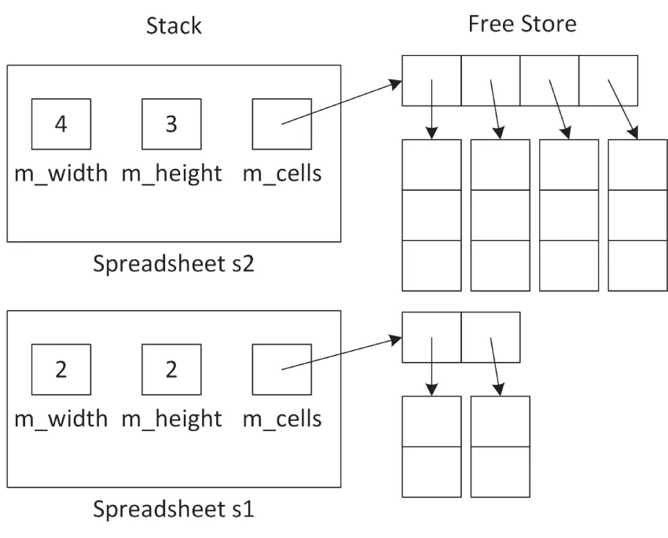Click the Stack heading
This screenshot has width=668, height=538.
[x=174, y=25]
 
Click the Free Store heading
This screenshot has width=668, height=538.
[x=522, y=24]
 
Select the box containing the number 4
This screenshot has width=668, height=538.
[x=61, y=124]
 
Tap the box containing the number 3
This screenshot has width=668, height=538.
[x=171, y=124]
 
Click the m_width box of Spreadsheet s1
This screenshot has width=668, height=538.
[x=61, y=368]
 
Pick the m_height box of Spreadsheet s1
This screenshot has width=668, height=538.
[x=171, y=368]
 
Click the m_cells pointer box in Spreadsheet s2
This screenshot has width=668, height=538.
[x=281, y=124]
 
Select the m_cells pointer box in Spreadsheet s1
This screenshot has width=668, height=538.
[x=281, y=368]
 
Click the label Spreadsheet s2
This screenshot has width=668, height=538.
[x=174, y=263]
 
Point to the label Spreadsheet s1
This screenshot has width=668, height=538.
[x=174, y=509]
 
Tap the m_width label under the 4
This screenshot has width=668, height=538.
[x=61, y=173]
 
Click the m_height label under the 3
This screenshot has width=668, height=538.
[x=171, y=173]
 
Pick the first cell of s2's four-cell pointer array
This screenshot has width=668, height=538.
[x=431, y=80]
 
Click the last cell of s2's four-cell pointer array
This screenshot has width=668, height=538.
[x=608, y=80]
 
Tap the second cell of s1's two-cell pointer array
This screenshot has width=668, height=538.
[x=490, y=338]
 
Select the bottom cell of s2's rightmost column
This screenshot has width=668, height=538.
[x=637, y=265]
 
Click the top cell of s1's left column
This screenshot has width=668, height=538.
[x=431, y=421]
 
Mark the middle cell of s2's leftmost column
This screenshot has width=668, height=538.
[x=431, y=214]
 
